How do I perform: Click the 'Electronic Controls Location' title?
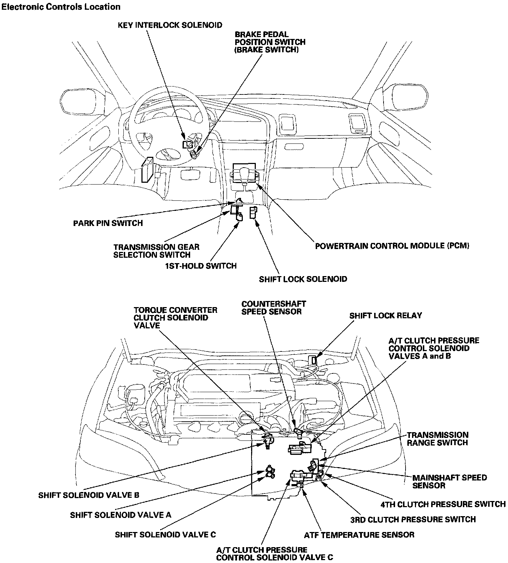(x=61, y=6)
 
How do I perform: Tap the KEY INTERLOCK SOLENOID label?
(x=170, y=25)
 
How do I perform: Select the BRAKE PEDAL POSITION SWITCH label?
(x=270, y=42)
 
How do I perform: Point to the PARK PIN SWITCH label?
(x=108, y=223)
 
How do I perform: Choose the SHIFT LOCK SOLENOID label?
(x=303, y=279)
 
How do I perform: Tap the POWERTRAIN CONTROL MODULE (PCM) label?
(x=392, y=246)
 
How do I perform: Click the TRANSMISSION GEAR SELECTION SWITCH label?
(x=156, y=251)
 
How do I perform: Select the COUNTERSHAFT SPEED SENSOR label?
(x=273, y=308)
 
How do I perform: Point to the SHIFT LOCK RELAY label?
(x=385, y=315)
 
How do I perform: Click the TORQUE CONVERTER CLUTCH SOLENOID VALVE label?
(x=175, y=318)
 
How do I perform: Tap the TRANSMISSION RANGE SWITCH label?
(x=438, y=439)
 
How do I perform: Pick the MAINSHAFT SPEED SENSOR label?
(x=450, y=481)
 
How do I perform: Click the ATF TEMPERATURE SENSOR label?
(x=359, y=535)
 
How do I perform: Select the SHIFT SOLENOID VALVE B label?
(x=89, y=495)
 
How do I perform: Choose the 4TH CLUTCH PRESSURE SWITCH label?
(x=443, y=504)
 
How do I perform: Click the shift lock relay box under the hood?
(x=314, y=359)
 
